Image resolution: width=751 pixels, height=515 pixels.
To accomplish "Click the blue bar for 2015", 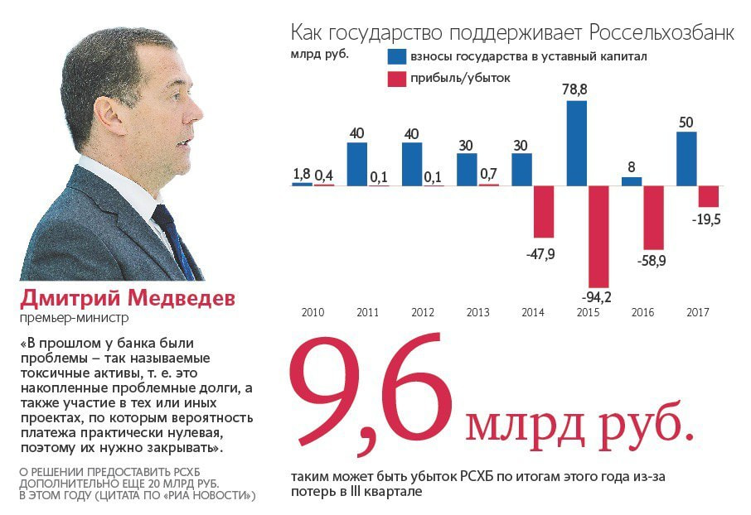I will pos(577,142).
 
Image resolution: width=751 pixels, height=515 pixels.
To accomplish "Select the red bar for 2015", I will pos(598,236).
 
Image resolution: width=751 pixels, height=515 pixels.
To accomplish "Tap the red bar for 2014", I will pos(543,211).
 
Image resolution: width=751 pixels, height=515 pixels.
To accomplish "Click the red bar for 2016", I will pos(653,217).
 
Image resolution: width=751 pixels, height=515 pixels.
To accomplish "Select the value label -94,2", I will pos(596,296).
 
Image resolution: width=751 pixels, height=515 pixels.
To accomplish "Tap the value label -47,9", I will pos(540,253).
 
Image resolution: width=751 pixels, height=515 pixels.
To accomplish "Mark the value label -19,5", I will pos(705,219).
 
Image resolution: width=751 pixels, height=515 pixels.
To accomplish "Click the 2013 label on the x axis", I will pos(477,313).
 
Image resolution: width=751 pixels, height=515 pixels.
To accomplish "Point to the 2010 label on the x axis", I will pos(313,313).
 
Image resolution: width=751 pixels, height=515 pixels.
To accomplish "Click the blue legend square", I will pos(397,56).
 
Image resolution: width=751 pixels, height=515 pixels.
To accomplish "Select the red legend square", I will pos(397,79).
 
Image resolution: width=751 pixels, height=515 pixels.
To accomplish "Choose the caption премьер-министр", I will pos(75,317).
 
